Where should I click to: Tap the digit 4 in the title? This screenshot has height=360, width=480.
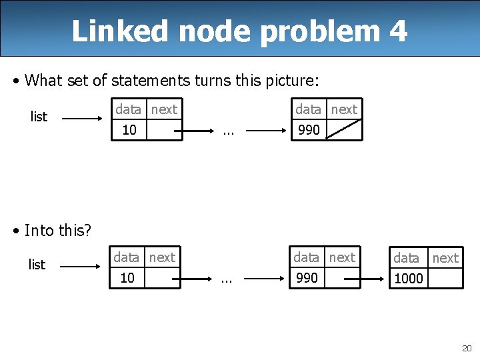[398, 31]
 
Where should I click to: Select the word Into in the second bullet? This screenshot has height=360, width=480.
[39, 231]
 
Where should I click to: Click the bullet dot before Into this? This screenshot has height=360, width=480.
[16, 231]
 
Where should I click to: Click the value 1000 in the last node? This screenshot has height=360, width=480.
[409, 279]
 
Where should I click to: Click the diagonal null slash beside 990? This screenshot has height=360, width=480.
[344, 129]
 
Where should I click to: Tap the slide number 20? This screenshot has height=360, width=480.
[466, 348]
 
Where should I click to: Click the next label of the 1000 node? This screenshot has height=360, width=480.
[445, 258]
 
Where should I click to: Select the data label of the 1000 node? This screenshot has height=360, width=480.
[407, 258]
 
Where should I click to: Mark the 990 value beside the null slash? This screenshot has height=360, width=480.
[309, 130]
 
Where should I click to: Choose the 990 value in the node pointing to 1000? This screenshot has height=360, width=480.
[307, 278]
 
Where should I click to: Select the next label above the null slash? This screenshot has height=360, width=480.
[344, 109]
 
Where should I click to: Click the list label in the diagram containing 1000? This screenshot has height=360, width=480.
[37, 265]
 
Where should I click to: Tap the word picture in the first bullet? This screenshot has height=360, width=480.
[293, 81]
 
